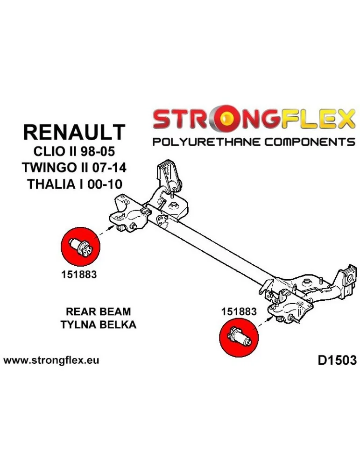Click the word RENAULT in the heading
tap(74, 132)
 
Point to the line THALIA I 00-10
tap(74, 184)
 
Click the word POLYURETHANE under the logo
tap(206, 142)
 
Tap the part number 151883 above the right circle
tap(239, 311)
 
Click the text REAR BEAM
tap(99, 311)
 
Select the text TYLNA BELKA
tap(99, 325)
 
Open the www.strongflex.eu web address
tap(51, 361)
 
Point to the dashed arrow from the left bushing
tap(105, 231)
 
